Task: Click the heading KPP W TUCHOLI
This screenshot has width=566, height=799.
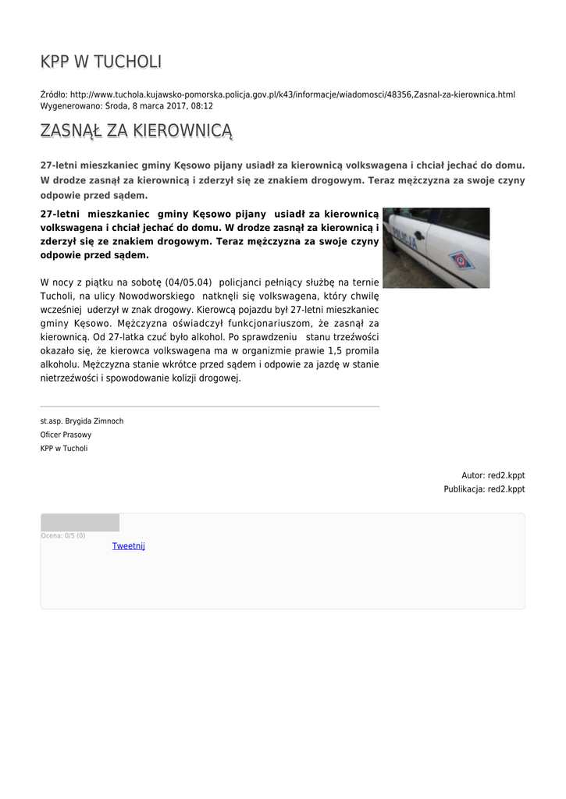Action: point(101,62)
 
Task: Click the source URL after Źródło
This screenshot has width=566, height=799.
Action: point(293,94)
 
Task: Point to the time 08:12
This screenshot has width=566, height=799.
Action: point(202,105)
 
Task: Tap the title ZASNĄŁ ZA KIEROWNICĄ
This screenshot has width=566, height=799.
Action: point(137,130)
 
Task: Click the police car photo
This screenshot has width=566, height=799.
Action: point(436,247)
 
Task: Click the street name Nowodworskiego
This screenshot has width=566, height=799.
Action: point(157,297)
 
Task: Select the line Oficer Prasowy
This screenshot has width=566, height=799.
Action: point(66,435)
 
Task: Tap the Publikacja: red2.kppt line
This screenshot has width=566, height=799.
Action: point(484,489)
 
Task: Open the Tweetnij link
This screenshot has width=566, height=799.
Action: point(129,546)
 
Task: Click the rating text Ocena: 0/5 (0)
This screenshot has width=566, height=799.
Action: point(63,535)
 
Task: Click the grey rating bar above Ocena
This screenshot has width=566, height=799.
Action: point(80,523)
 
